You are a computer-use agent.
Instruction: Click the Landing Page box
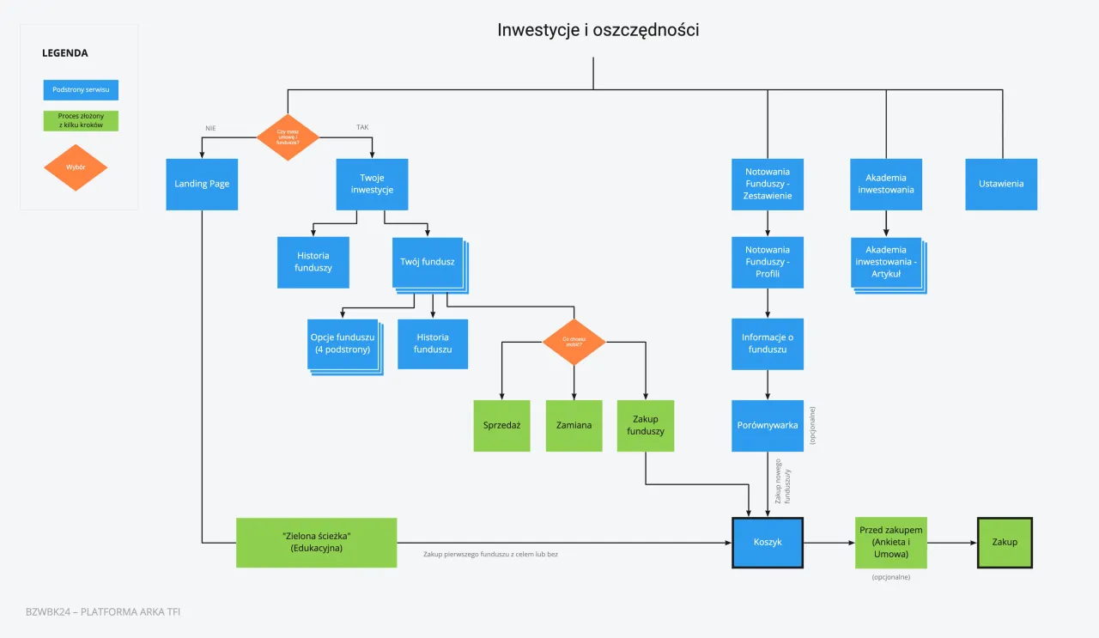tap(202, 184)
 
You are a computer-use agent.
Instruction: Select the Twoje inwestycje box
tap(372, 184)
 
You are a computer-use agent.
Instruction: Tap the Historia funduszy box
tap(313, 262)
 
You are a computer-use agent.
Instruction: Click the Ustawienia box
tap(1001, 184)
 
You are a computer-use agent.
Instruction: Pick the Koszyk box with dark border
tap(768, 542)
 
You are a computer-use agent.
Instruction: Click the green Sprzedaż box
tap(502, 425)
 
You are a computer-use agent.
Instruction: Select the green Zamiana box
tap(574, 425)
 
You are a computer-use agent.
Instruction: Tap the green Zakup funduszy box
tap(646, 425)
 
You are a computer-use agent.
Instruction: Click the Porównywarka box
tap(768, 425)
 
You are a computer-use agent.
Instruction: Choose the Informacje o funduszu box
tap(768, 343)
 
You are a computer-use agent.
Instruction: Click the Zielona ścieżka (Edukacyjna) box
tap(317, 542)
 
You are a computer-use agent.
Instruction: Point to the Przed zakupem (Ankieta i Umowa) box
tap(891, 542)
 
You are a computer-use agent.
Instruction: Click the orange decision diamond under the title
tap(288, 137)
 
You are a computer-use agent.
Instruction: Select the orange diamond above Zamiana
tap(574, 341)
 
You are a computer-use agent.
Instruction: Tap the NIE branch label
tap(210, 128)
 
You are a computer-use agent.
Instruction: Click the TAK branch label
tap(363, 128)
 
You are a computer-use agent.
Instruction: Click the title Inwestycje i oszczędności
tap(598, 30)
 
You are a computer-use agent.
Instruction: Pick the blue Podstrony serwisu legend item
tap(81, 89)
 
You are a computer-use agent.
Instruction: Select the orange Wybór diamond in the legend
tap(76, 167)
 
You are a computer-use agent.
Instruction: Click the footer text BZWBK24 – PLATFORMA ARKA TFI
tap(103, 611)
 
